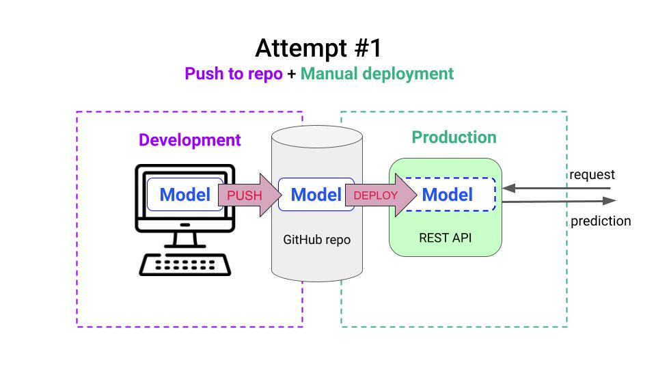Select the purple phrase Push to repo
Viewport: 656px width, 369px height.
click(233, 74)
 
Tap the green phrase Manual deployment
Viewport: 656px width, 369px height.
click(377, 74)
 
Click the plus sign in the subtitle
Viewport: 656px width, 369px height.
click(291, 74)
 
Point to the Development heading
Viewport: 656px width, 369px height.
click(189, 141)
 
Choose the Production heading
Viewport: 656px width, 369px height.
click(454, 137)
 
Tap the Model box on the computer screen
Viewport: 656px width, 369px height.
click(184, 195)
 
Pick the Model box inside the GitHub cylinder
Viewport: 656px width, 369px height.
click(316, 195)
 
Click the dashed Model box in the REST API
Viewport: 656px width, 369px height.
click(448, 195)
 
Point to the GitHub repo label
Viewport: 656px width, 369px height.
click(316, 241)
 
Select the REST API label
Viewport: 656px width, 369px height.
click(446, 238)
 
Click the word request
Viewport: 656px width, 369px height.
click(592, 175)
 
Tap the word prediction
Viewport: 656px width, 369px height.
click(601, 221)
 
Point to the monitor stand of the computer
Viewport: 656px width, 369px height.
click(183, 239)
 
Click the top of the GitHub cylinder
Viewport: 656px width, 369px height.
click(316, 133)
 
